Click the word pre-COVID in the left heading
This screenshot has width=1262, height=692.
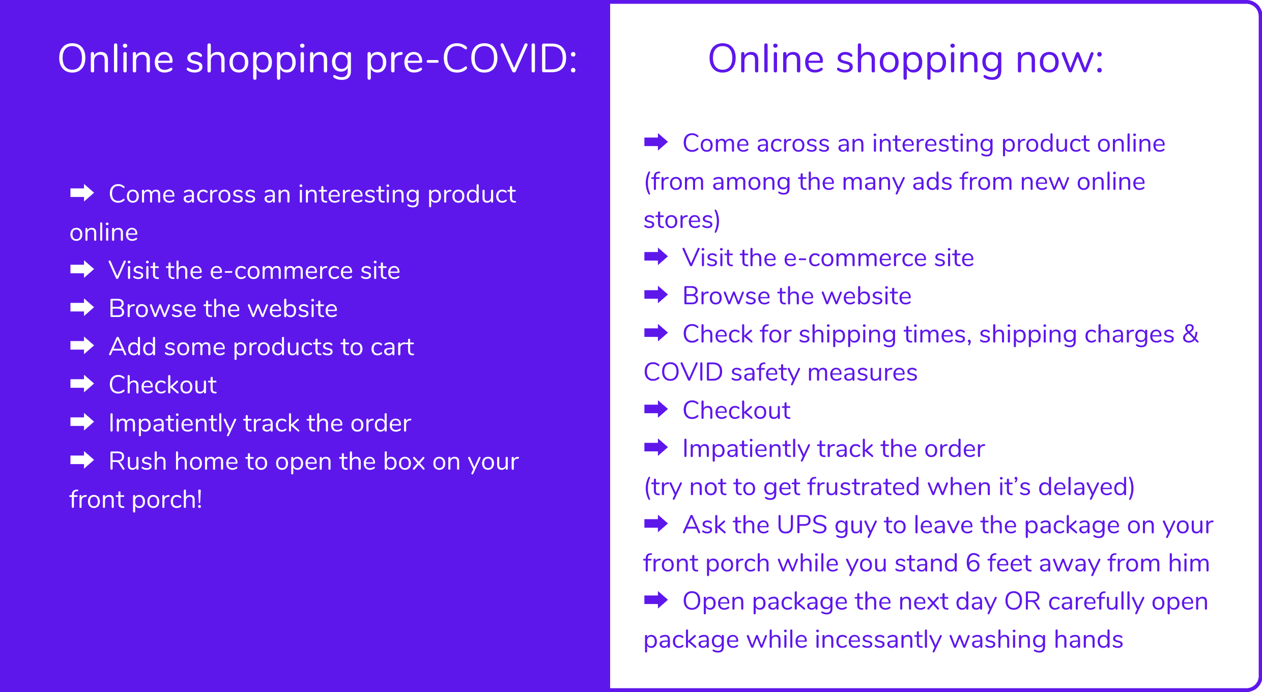pos(472,60)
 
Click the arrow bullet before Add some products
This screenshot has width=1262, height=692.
pos(82,346)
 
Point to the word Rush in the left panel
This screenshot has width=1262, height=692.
pos(137,461)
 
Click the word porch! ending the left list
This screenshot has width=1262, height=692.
pos(166,500)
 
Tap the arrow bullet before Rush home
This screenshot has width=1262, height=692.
pos(82,460)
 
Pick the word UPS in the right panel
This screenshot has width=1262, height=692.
pos(802,525)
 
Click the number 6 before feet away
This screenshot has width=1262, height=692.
pos(973,563)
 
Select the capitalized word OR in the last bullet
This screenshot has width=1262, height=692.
pos(1022,601)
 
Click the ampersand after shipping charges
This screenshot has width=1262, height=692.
pos(1191,334)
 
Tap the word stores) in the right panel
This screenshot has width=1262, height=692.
pos(682,220)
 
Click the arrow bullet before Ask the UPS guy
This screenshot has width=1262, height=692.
pos(656,524)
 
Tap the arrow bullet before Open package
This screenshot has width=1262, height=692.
pos(656,600)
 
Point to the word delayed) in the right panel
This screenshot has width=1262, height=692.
pos(1086,487)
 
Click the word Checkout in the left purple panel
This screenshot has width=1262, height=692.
pos(163,385)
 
